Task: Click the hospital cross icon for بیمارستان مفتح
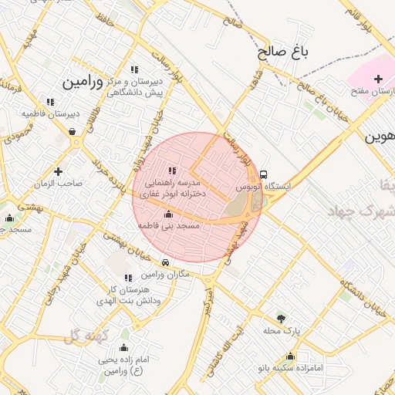point(378,79)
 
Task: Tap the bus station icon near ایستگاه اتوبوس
point(264,175)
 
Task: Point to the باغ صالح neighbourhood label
point(282,52)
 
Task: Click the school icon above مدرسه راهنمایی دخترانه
point(171,170)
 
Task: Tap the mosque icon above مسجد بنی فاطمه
point(168,214)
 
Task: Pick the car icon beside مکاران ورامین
point(166,263)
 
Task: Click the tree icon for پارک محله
point(280,318)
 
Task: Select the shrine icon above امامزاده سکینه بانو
point(290,356)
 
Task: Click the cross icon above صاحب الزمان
point(58,170)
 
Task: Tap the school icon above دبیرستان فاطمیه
point(50,101)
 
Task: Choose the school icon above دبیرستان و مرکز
point(135,69)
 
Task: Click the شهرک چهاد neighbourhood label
point(360,211)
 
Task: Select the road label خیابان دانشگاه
point(361,299)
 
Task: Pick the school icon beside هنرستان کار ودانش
point(128,277)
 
